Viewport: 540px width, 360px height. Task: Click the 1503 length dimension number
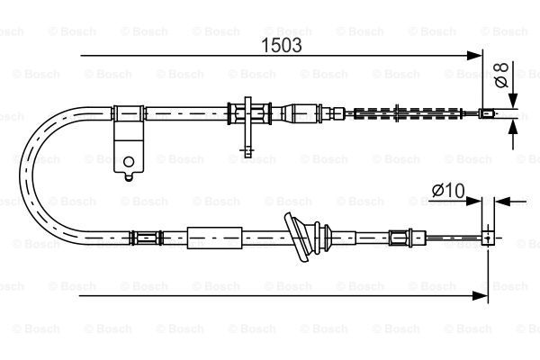282,45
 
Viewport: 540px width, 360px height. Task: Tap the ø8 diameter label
501,75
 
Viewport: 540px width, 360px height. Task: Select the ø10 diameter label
448,191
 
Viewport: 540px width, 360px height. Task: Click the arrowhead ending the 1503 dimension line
474,56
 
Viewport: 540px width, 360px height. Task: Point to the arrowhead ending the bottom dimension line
480,295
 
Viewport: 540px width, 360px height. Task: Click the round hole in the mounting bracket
129,161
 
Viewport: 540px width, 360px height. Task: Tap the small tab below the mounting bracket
129,176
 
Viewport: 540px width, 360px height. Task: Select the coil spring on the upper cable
408,113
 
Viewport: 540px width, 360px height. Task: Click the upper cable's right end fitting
486,112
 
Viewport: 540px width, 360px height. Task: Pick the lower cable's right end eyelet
488,238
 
